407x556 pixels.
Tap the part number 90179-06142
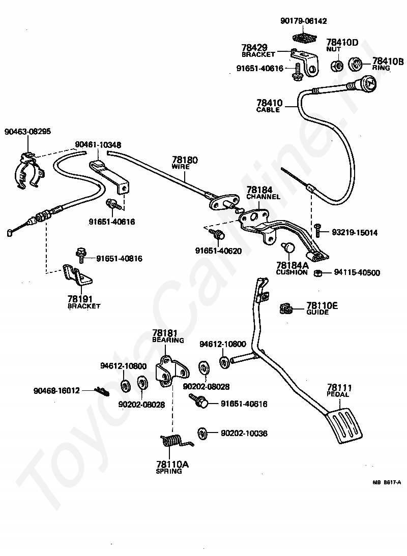[303, 21]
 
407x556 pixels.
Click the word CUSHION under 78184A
[292, 272]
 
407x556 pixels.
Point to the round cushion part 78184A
[288, 247]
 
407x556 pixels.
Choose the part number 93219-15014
[355, 233]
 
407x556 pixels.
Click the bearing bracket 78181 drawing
[172, 371]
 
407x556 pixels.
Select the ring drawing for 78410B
[355, 64]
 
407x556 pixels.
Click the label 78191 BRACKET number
[79, 299]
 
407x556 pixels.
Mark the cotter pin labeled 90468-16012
[102, 391]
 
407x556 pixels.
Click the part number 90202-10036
[244, 433]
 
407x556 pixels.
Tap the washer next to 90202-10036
[202, 434]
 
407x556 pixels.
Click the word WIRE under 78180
[181, 167]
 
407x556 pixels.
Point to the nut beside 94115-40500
[318, 273]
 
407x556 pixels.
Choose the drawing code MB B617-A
[387, 482]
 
